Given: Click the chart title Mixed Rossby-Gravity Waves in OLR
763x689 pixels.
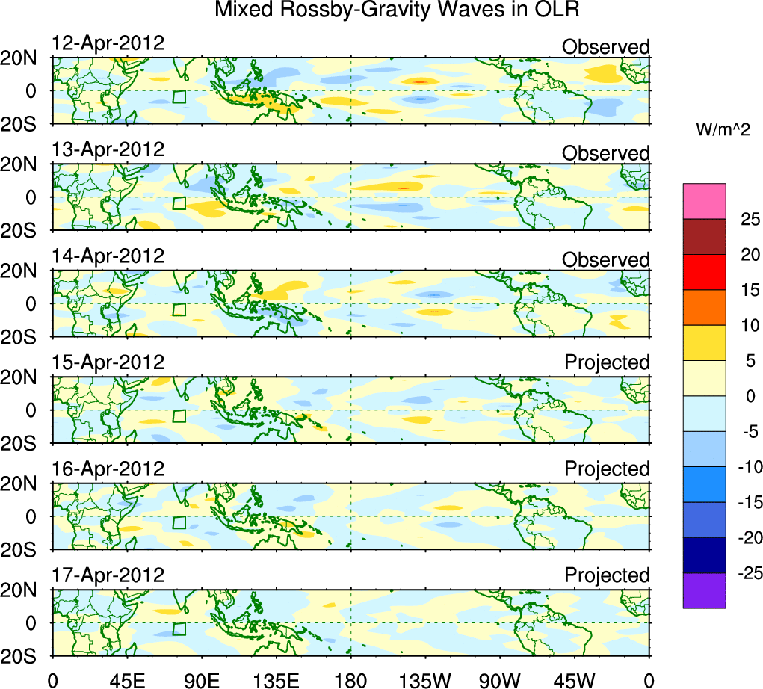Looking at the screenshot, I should point(397,11).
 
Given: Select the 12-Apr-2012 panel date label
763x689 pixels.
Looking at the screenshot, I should point(108,43).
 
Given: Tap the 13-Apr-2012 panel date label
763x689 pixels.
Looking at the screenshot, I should point(108,149).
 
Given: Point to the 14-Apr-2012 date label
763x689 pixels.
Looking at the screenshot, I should point(108,256).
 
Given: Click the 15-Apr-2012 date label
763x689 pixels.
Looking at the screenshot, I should point(108,362).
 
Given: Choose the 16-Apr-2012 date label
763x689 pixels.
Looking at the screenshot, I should point(108,469).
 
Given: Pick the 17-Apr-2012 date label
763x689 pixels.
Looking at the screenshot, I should point(108,575).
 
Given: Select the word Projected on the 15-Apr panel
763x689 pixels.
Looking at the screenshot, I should point(607,362).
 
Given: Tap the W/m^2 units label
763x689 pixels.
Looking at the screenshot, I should point(723,130).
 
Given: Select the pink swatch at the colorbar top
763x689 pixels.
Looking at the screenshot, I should point(704,201).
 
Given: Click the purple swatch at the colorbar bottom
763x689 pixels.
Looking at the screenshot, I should point(704,590).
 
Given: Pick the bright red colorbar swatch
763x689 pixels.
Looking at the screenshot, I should point(704,272).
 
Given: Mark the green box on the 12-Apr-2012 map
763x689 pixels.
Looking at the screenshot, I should point(179,97).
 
